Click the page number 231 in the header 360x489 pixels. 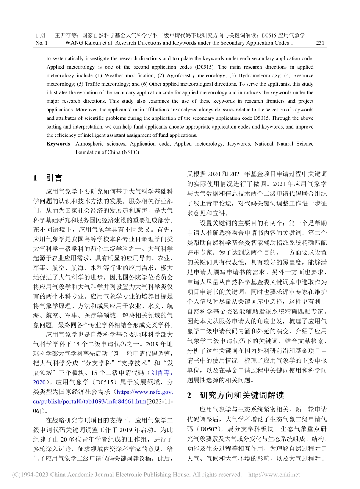pyautogui.click(x=320, y=43)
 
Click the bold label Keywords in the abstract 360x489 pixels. pyautogui.click(x=58, y=144)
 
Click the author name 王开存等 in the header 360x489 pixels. pyautogui.click(x=66, y=35)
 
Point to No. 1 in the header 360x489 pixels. pyautogui.click(x=41, y=43)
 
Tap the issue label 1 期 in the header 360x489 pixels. pyautogui.click(x=40, y=35)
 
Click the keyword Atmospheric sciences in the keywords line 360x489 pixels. pyautogui.click(x=100, y=144)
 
